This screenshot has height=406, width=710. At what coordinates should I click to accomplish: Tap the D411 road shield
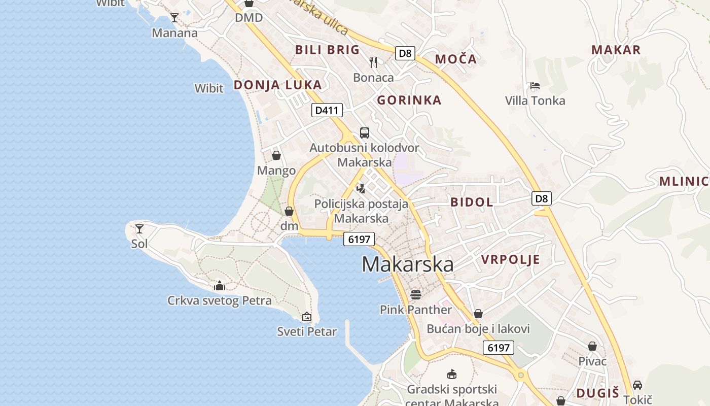tap(327, 110)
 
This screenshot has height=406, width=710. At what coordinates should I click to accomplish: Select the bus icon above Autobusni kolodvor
tap(365, 133)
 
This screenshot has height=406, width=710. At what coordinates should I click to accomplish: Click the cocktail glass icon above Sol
tap(139, 228)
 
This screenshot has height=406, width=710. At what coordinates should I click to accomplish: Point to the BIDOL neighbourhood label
tap(472, 202)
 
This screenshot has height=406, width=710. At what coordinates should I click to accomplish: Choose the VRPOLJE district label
tap(510, 260)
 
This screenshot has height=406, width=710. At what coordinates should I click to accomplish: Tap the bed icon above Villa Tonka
tap(535, 85)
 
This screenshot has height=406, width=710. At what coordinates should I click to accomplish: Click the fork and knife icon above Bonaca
tap(373, 62)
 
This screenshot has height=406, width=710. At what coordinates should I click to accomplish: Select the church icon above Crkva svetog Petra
tap(220, 286)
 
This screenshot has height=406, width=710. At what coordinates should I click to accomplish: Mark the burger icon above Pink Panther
tap(416, 294)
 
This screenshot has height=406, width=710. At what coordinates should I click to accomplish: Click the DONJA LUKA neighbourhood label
tap(278, 85)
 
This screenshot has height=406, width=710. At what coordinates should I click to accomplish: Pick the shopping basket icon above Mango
tap(276, 155)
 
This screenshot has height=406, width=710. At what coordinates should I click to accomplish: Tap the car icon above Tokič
tap(637, 385)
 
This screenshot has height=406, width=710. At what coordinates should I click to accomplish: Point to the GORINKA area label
tap(409, 100)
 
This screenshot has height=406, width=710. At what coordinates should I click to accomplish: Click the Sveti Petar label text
tap(307, 332)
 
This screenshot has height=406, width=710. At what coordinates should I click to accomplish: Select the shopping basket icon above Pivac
tap(592, 346)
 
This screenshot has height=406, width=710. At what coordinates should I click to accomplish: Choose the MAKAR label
tap(616, 50)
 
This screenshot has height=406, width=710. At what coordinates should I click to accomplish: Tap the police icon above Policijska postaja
tap(361, 189)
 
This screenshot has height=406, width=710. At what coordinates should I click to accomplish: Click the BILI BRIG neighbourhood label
tap(327, 50)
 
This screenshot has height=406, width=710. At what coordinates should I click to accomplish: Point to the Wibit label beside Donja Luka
tap(209, 88)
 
